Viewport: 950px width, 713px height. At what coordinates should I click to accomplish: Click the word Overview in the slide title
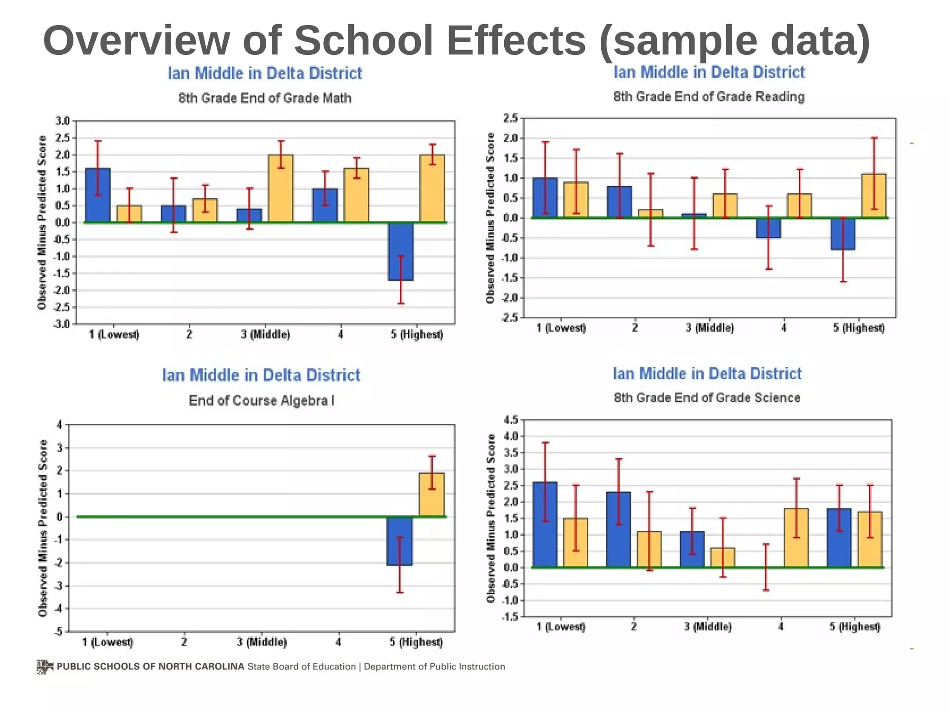136,41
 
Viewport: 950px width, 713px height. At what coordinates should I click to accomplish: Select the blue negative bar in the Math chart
401,251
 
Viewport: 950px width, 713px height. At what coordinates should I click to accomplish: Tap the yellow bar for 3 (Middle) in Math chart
281,188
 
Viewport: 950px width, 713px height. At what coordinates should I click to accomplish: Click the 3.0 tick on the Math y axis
62,121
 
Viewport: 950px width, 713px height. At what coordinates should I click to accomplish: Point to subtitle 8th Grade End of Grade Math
265,98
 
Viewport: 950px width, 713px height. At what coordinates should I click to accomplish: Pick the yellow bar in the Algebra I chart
432,494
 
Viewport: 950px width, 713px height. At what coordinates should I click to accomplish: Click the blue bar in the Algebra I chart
399,541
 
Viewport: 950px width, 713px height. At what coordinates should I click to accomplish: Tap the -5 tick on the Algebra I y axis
58,631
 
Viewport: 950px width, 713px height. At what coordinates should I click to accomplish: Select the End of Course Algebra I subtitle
261,401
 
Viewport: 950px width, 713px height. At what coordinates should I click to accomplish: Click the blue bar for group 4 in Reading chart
768,228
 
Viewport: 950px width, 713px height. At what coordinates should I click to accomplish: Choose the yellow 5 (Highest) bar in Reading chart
874,196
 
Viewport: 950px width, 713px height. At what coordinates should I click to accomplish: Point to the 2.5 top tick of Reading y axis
510,118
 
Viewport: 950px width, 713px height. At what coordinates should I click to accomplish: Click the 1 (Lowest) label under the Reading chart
561,328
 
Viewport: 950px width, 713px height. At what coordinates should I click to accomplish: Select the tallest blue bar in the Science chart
545,525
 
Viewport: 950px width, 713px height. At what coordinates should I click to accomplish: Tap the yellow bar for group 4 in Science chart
796,538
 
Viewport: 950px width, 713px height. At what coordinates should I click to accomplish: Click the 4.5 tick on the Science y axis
510,420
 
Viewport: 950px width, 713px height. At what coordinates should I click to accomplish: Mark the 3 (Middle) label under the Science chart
707,627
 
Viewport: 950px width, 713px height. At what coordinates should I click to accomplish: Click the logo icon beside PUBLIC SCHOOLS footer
45,667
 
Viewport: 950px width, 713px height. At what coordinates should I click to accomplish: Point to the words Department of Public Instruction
434,667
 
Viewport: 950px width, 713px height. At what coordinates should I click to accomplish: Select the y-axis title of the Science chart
491,518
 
